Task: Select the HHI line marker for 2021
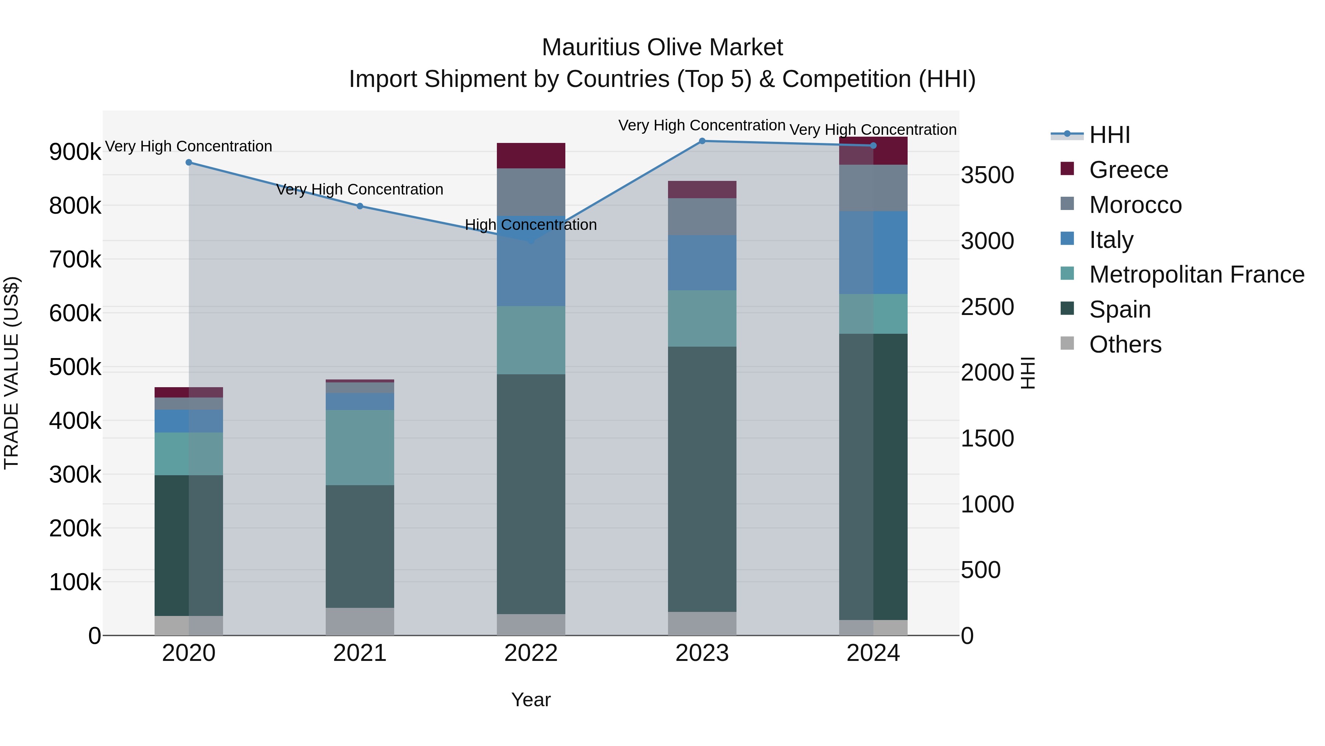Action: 360,206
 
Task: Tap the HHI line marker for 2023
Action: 702,141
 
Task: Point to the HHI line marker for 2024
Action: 873,146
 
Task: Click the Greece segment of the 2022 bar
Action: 531,156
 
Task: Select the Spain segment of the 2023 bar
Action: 702,479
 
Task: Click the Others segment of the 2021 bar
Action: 360,621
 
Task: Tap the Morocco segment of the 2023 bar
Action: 702,217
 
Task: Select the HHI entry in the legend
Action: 1109,135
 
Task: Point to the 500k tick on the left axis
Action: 75,368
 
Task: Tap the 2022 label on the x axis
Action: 531,653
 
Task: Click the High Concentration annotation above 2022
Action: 531,225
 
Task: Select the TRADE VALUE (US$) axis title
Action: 11,373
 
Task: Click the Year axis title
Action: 531,700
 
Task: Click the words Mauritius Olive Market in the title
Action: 662,48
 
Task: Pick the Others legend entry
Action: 1125,344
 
